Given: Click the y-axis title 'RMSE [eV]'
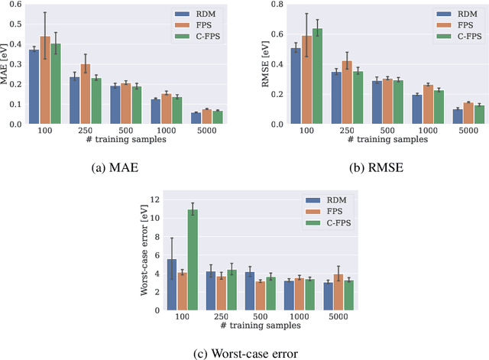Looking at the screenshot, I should [x=265, y=64].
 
